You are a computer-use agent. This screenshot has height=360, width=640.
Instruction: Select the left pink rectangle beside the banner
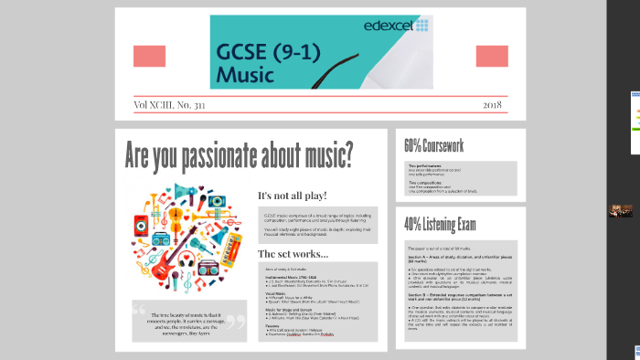pos(149,56)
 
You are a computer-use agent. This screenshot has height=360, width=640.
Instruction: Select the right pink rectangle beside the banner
pos(492,56)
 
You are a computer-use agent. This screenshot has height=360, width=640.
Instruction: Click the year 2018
pos(492,105)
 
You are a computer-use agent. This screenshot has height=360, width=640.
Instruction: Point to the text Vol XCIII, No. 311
pos(169,105)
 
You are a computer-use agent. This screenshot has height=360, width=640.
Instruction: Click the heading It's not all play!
pos(292,196)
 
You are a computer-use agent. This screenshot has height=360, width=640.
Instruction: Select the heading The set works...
pos(293,253)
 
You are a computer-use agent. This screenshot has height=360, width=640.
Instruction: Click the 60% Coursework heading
pos(434,145)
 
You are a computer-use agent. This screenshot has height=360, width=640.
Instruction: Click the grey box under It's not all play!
pos(315,223)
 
